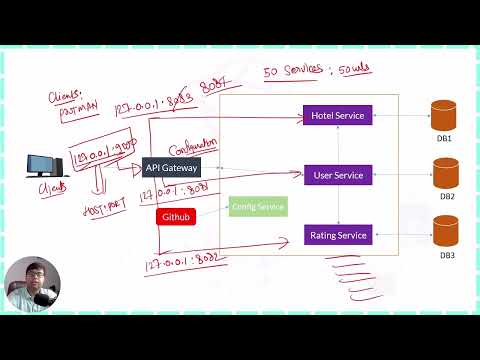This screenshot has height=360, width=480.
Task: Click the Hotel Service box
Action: (338, 115)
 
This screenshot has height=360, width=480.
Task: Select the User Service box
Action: (338, 175)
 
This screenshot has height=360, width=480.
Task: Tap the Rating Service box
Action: (338, 235)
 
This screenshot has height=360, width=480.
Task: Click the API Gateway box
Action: (172, 168)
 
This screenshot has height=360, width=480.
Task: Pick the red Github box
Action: (176, 216)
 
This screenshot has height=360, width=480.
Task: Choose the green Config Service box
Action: (258, 207)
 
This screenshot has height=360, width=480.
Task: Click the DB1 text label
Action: (446, 138)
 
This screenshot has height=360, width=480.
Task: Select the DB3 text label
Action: (446, 256)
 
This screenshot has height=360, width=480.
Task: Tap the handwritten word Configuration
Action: (193, 146)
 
